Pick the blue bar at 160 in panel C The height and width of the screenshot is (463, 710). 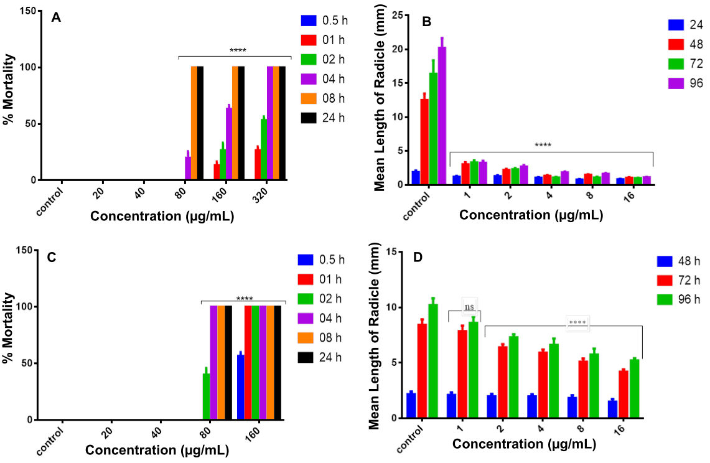click(x=240, y=386)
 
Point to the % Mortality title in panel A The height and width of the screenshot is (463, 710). click(x=8, y=94)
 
